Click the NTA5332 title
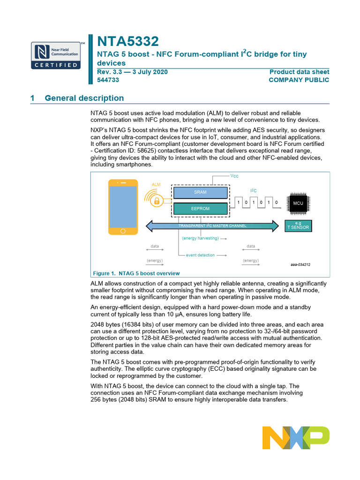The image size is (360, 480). [127, 41]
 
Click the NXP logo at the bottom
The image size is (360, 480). [295, 438]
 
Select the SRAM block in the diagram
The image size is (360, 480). [200, 192]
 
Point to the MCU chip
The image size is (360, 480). [298, 203]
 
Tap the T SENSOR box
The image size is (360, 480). [298, 226]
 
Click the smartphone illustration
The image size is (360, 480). [123, 206]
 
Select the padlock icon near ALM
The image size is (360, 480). [157, 201]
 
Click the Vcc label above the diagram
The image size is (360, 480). [234, 175]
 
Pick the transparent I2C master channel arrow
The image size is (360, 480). [212, 226]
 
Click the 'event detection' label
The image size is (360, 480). [200, 255]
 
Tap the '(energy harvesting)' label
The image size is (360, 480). [200, 238]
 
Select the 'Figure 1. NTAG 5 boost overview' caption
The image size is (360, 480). [136, 273]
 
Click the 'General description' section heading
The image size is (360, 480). [84, 98]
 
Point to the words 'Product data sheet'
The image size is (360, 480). [299, 72]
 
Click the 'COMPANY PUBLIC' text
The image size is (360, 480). [299, 80]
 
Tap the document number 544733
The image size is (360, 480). [108, 80]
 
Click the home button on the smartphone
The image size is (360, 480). [123, 231]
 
